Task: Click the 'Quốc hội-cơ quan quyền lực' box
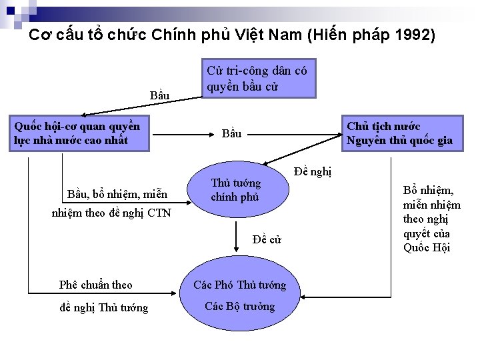tap(78, 133)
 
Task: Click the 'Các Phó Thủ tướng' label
tap(239, 285)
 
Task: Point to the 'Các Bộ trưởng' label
tap(239, 307)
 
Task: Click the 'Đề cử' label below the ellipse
tap(267, 240)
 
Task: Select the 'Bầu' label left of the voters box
tap(160, 97)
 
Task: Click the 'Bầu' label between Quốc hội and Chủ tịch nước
tap(231, 134)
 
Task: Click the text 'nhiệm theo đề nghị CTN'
tap(111, 213)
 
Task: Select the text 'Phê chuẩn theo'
tap(95, 285)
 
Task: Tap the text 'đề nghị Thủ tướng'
tap(103, 307)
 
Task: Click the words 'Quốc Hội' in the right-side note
tap(427, 247)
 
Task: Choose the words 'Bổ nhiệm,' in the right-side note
tap(429, 190)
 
